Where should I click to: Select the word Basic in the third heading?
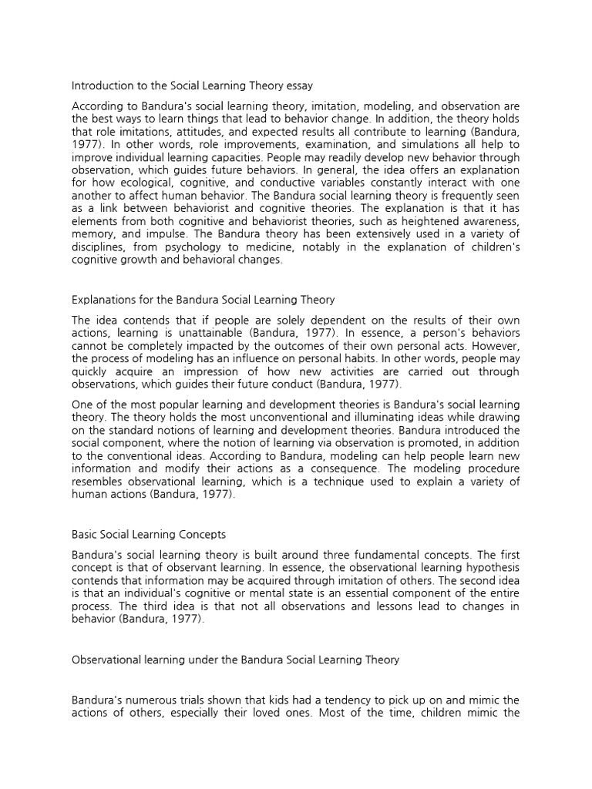(x=84, y=534)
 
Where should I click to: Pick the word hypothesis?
(x=489, y=568)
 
